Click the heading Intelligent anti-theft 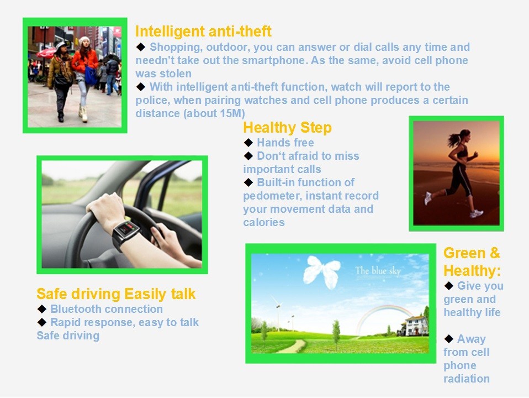click(x=203, y=32)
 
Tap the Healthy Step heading click(x=288, y=128)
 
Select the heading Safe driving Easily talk click(x=116, y=294)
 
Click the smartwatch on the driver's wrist click(x=125, y=233)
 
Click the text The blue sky click(x=378, y=271)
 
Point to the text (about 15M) click(x=214, y=113)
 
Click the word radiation click(x=467, y=379)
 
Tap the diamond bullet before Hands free click(x=248, y=143)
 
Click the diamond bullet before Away click(x=449, y=338)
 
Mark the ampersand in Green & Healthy click(x=495, y=253)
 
